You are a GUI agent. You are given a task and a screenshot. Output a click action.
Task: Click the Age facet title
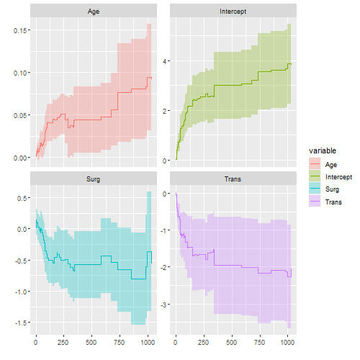coord(94,12)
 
